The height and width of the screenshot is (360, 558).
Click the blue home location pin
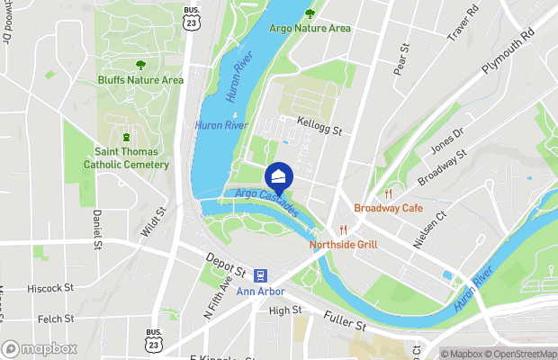point(280,177)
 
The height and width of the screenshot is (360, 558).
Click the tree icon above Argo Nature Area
point(310,13)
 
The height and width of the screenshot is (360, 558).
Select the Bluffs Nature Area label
point(141,80)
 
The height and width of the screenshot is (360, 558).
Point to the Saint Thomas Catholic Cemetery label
point(126,158)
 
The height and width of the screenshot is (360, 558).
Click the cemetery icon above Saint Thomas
point(127,139)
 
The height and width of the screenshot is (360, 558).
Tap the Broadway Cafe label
point(388,208)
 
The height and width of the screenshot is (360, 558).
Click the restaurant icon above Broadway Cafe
point(389,193)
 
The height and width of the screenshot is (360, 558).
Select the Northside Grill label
point(343,244)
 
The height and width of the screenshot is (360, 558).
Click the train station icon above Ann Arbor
point(260,275)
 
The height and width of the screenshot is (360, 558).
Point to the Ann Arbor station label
point(260,292)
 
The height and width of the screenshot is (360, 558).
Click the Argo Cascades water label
point(266,202)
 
